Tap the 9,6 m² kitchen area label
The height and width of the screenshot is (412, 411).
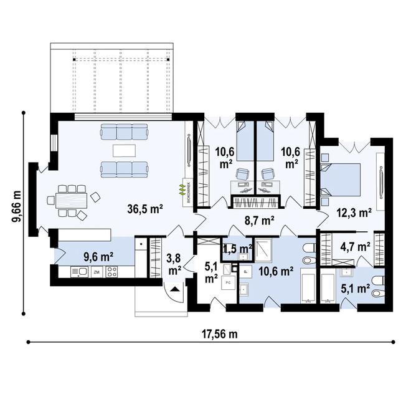(98, 255)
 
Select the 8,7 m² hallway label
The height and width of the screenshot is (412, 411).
(259, 220)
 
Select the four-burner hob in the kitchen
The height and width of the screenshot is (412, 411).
(112, 272)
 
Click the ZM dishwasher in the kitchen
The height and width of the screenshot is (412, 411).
(97, 272)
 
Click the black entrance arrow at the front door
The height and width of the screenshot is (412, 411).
(174, 287)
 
